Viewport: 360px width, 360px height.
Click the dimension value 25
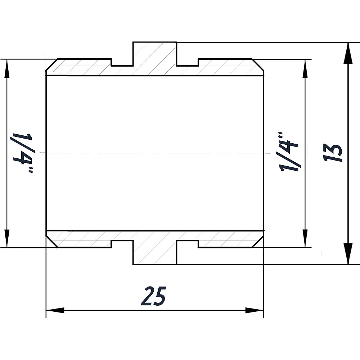[154, 296]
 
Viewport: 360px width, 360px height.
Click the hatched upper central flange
[155, 58]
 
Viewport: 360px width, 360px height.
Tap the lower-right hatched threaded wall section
[227, 239]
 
